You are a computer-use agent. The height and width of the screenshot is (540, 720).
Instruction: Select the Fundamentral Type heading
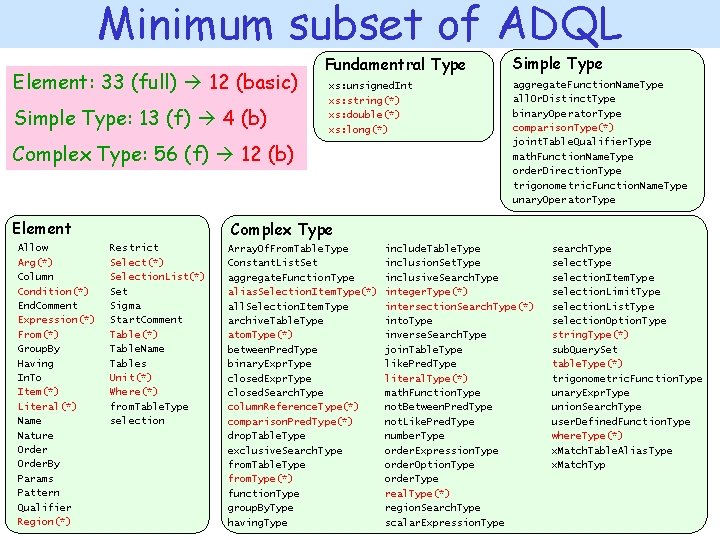(395, 65)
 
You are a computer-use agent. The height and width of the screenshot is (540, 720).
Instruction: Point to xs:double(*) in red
(364, 115)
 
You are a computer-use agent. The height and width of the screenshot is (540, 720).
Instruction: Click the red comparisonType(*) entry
(563, 128)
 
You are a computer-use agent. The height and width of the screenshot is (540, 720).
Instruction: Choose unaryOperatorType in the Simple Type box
(564, 200)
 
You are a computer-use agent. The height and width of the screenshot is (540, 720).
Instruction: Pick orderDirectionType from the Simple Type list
(567, 171)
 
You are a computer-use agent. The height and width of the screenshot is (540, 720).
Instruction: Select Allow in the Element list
(33, 247)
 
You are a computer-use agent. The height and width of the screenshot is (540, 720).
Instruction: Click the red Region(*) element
(44, 522)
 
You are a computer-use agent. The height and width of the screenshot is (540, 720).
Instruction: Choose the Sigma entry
(125, 306)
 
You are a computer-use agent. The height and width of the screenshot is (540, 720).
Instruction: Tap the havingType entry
(258, 523)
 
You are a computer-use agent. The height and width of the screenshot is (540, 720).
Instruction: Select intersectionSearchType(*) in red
(459, 306)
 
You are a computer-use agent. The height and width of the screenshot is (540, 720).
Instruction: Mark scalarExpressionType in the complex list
(445, 523)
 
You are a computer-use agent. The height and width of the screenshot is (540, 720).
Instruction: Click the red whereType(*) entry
(586, 436)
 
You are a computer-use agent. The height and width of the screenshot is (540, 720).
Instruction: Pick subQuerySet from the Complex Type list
(584, 350)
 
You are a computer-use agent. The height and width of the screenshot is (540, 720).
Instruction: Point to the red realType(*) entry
(417, 494)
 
